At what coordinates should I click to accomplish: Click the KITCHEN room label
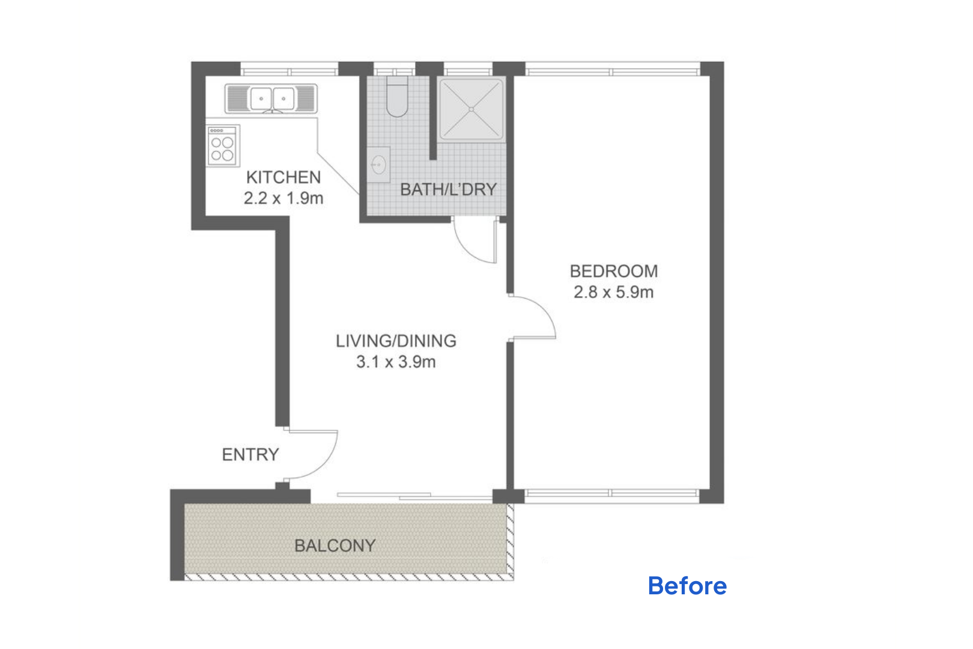pos(283,177)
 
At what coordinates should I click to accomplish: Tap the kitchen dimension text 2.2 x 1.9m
pos(283,198)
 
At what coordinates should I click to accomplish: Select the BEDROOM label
pos(613,271)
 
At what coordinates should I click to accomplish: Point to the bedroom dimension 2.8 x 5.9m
pos(613,292)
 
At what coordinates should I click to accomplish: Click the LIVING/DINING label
pos(396,341)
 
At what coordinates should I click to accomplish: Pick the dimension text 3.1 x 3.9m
pos(396,362)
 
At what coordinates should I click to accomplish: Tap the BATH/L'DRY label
pos(448,189)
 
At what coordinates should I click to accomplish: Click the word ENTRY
pos(250,455)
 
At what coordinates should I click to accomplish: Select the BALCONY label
pos(335,546)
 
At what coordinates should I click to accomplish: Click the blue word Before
pos(687,585)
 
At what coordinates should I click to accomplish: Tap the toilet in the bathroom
pos(397,97)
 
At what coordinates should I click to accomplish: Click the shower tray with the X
pos(471,109)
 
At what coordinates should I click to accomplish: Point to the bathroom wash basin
pos(379,165)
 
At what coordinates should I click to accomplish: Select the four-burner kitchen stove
pos(223,145)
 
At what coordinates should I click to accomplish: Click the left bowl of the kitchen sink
pos(261,99)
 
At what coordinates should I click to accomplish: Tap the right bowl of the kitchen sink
pos(283,99)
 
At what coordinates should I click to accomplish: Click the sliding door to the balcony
pos(415,496)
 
